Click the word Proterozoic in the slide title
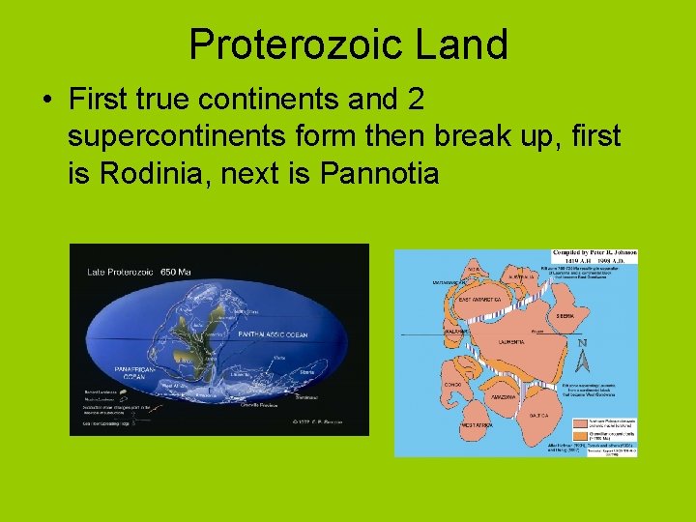(291, 44)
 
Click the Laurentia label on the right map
(512, 342)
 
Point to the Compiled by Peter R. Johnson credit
(593, 254)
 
